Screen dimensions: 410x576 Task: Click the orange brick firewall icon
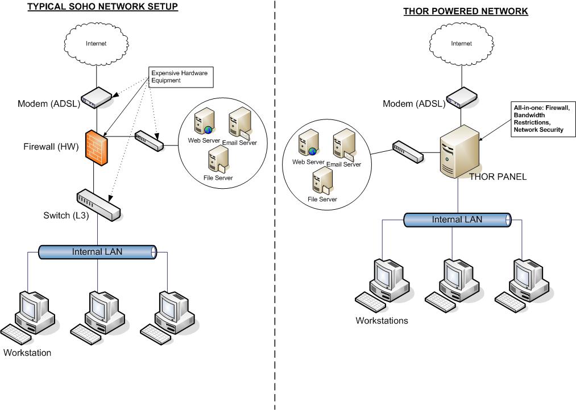click(x=97, y=148)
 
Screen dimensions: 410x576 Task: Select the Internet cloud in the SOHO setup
click(x=96, y=43)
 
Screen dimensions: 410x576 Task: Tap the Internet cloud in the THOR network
click(x=461, y=43)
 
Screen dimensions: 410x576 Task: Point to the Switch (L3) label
click(x=66, y=216)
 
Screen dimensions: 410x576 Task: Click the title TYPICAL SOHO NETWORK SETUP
click(x=103, y=7)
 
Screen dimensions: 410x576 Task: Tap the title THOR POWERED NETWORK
click(x=466, y=11)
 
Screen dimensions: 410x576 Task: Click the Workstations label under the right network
click(x=382, y=320)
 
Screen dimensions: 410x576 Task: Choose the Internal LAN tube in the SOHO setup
click(x=97, y=251)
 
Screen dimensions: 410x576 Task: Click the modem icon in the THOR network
click(x=461, y=98)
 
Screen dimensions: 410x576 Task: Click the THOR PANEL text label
click(x=498, y=177)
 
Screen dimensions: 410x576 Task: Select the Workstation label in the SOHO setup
click(x=27, y=353)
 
